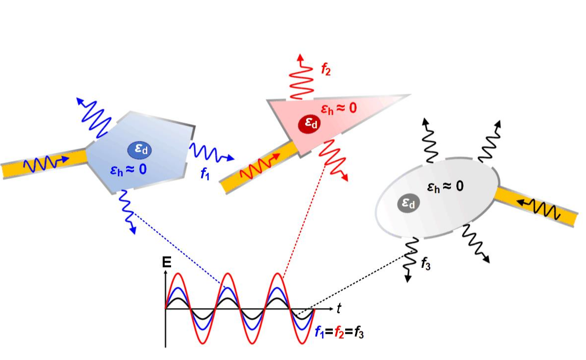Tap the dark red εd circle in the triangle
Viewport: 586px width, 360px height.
pos(309,124)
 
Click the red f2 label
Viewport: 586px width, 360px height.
pos(325,70)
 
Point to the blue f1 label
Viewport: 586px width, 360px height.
pos(205,174)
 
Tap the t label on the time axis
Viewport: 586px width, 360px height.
pos(339,309)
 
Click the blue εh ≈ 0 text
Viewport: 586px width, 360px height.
pos(128,171)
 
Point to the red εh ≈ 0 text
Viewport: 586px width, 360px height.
pos(338,108)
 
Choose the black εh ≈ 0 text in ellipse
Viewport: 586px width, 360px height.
pos(445,187)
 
